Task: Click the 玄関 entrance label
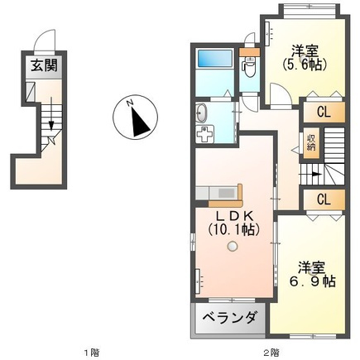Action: coord(44,66)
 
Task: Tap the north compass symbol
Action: coord(136,117)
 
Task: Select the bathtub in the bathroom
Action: coord(215,58)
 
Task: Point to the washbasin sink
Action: coord(201,113)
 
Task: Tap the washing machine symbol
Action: coord(204,134)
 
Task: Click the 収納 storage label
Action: coord(311,143)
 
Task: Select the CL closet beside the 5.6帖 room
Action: coord(324,112)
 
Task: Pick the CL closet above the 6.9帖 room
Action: coord(324,199)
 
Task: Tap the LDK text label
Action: coord(234,216)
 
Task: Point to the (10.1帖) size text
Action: coord(234,229)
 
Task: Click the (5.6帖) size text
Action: coord(305,65)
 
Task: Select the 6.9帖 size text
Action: coord(312,281)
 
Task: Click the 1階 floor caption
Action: coord(92,353)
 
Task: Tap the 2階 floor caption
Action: coord(271,353)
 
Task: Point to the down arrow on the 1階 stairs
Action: coord(51,113)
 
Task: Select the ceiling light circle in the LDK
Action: coord(232,246)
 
